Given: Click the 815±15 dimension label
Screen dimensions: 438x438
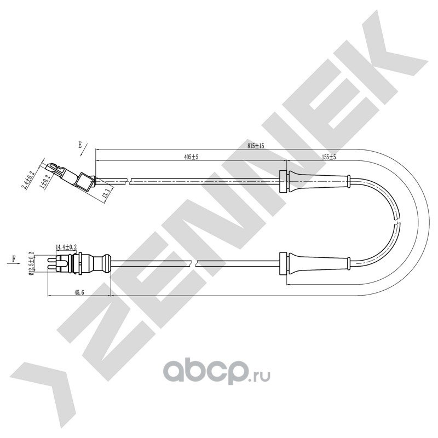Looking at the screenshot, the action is [x=256, y=146].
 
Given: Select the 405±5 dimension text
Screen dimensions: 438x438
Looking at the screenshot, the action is [x=191, y=157].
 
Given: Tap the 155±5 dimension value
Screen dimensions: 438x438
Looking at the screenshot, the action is [x=329, y=157].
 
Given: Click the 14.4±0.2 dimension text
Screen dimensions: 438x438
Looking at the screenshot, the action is [x=66, y=247].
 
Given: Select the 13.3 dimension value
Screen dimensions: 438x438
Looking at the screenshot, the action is [x=106, y=193].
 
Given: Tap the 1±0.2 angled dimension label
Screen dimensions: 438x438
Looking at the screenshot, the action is [x=45, y=182].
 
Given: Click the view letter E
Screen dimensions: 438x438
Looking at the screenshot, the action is [x=80, y=145].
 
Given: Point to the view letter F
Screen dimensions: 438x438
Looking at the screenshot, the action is [x=13, y=258].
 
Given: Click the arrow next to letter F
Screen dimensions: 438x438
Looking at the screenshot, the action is [x=14, y=263].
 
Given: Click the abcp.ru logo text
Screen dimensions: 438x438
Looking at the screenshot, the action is [x=216, y=371].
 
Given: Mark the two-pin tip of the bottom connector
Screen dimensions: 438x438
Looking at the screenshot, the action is [x=53, y=263].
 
